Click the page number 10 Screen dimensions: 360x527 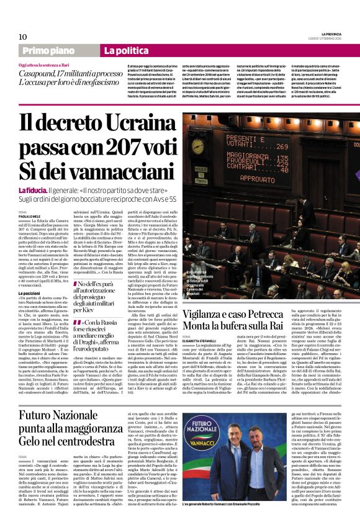coord(22,37)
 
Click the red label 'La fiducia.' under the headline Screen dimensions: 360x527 coord(32,190)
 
